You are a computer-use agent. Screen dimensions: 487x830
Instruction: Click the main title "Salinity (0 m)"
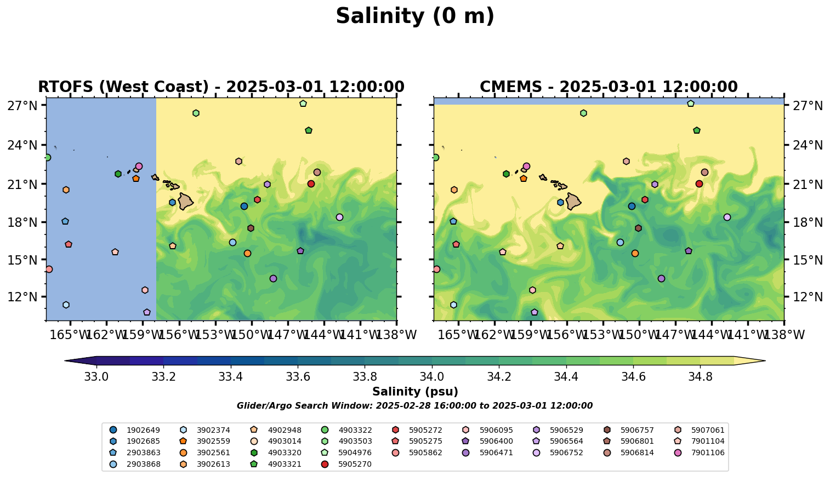[415, 16]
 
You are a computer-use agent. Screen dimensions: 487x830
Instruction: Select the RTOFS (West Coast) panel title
[221, 87]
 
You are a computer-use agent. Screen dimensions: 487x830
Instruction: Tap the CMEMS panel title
[609, 87]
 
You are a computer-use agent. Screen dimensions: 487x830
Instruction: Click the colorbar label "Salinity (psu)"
[415, 392]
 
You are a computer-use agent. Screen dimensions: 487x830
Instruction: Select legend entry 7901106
[708, 452]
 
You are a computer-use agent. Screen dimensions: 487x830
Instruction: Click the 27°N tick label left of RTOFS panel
[22, 105]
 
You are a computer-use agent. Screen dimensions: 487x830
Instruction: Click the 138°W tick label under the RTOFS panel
[396, 335]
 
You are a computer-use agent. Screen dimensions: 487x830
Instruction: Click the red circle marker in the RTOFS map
[311, 184]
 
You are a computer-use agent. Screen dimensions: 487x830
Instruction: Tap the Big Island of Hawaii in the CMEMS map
[573, 202]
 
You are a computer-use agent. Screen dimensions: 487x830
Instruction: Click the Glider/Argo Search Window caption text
[414, 406]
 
